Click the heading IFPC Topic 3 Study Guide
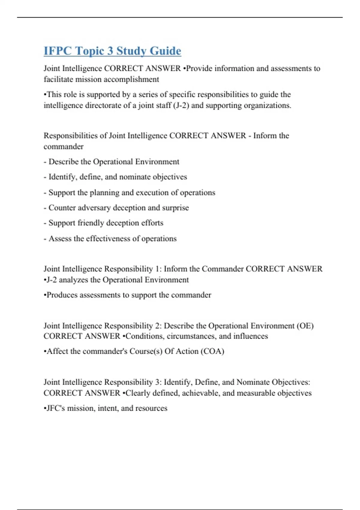click(x=112, y=51)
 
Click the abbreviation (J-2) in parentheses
click(x=181, y=106)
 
